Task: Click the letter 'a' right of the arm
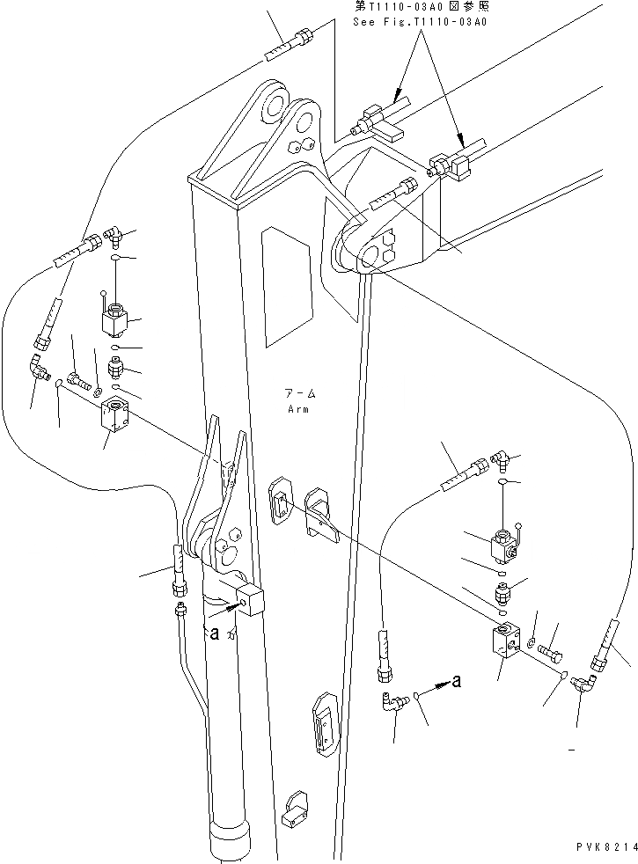[456, 679]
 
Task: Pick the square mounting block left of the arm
[117, 416]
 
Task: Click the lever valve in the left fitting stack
[114, 320]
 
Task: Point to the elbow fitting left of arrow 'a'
[393, 701]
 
